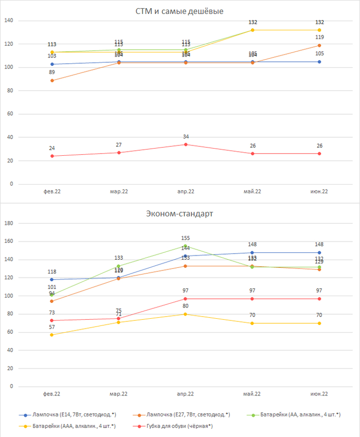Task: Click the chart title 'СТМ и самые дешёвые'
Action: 179,11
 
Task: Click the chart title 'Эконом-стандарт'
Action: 179,213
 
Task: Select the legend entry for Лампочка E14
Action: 67,414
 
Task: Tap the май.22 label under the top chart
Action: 252,191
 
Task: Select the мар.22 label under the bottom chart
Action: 118,394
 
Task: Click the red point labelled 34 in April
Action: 185,144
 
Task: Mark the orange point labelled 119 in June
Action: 319,45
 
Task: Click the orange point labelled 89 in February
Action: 51,80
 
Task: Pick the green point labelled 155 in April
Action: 185,246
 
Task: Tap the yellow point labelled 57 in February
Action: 51,335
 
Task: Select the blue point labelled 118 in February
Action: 51,280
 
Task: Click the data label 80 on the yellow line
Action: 185,306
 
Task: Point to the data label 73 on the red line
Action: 51,313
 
